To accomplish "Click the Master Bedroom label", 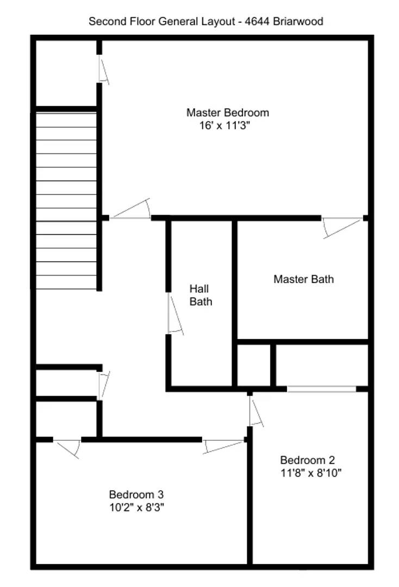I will [227, 113].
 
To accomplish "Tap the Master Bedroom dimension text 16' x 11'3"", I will [227, 126].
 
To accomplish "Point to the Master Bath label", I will [303, 279].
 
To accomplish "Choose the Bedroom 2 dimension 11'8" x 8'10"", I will [311, 472].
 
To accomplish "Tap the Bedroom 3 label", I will [136, 495].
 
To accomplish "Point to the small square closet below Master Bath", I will [254, 365].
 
